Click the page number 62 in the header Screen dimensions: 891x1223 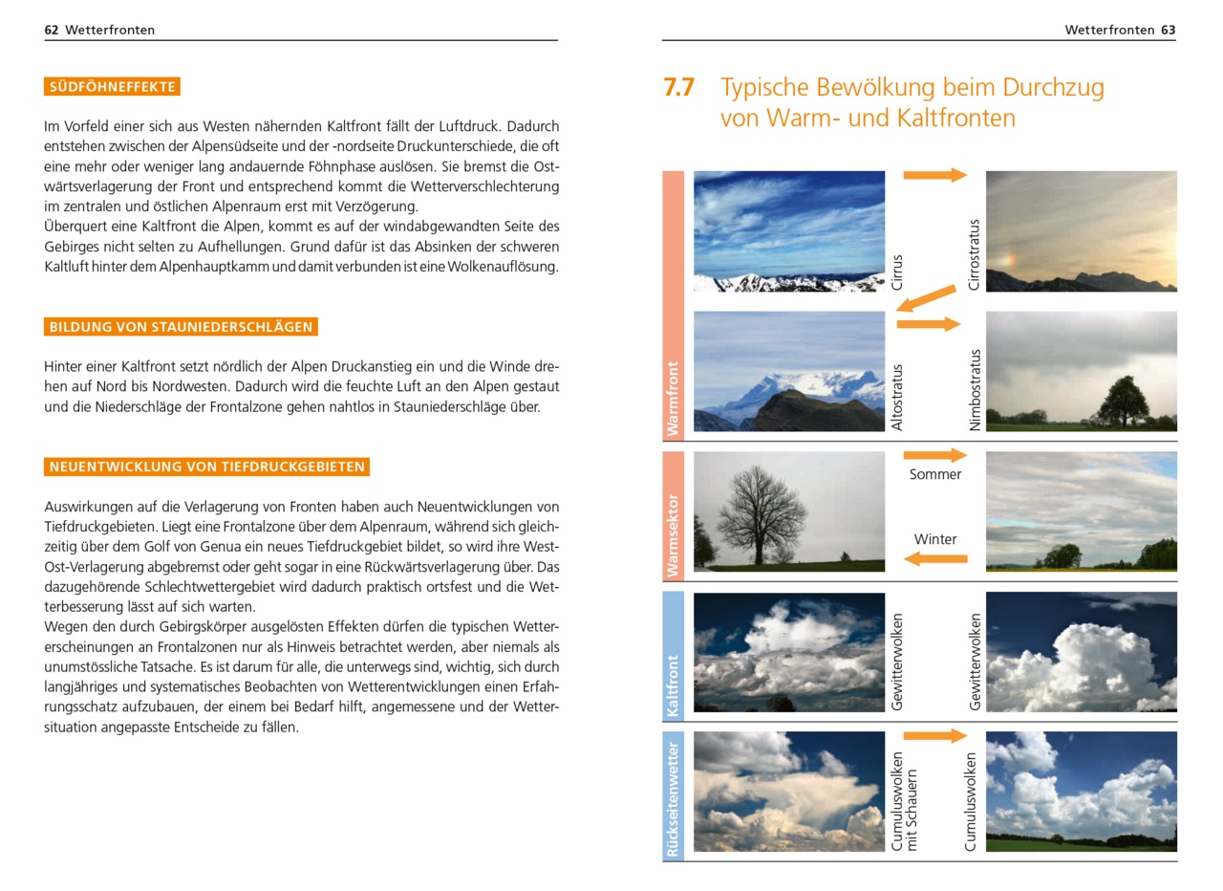pos(52,30)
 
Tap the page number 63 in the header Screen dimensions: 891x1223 pos(1168,30)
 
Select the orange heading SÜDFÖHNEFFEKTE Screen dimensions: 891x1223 pos(112,87)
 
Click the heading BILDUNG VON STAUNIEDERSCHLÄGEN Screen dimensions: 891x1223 pos(181,327)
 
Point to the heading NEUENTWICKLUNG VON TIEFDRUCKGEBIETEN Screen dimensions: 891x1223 pos(206,467)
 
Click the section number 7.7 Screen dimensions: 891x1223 pos(678,88)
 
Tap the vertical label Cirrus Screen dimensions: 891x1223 pos(896,272)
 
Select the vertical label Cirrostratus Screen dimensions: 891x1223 pos(974,254)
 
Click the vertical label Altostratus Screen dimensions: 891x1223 pos(896,396)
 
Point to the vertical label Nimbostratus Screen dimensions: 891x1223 pos(974,390)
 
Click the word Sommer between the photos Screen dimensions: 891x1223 pos(934,474)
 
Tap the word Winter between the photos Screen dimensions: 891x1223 pos(934,539)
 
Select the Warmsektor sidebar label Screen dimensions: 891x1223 pos(673,535)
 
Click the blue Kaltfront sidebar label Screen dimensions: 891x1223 pos(673,685)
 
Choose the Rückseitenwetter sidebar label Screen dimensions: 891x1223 pos(673,797)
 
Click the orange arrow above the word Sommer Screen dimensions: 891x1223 pos(934,455)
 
